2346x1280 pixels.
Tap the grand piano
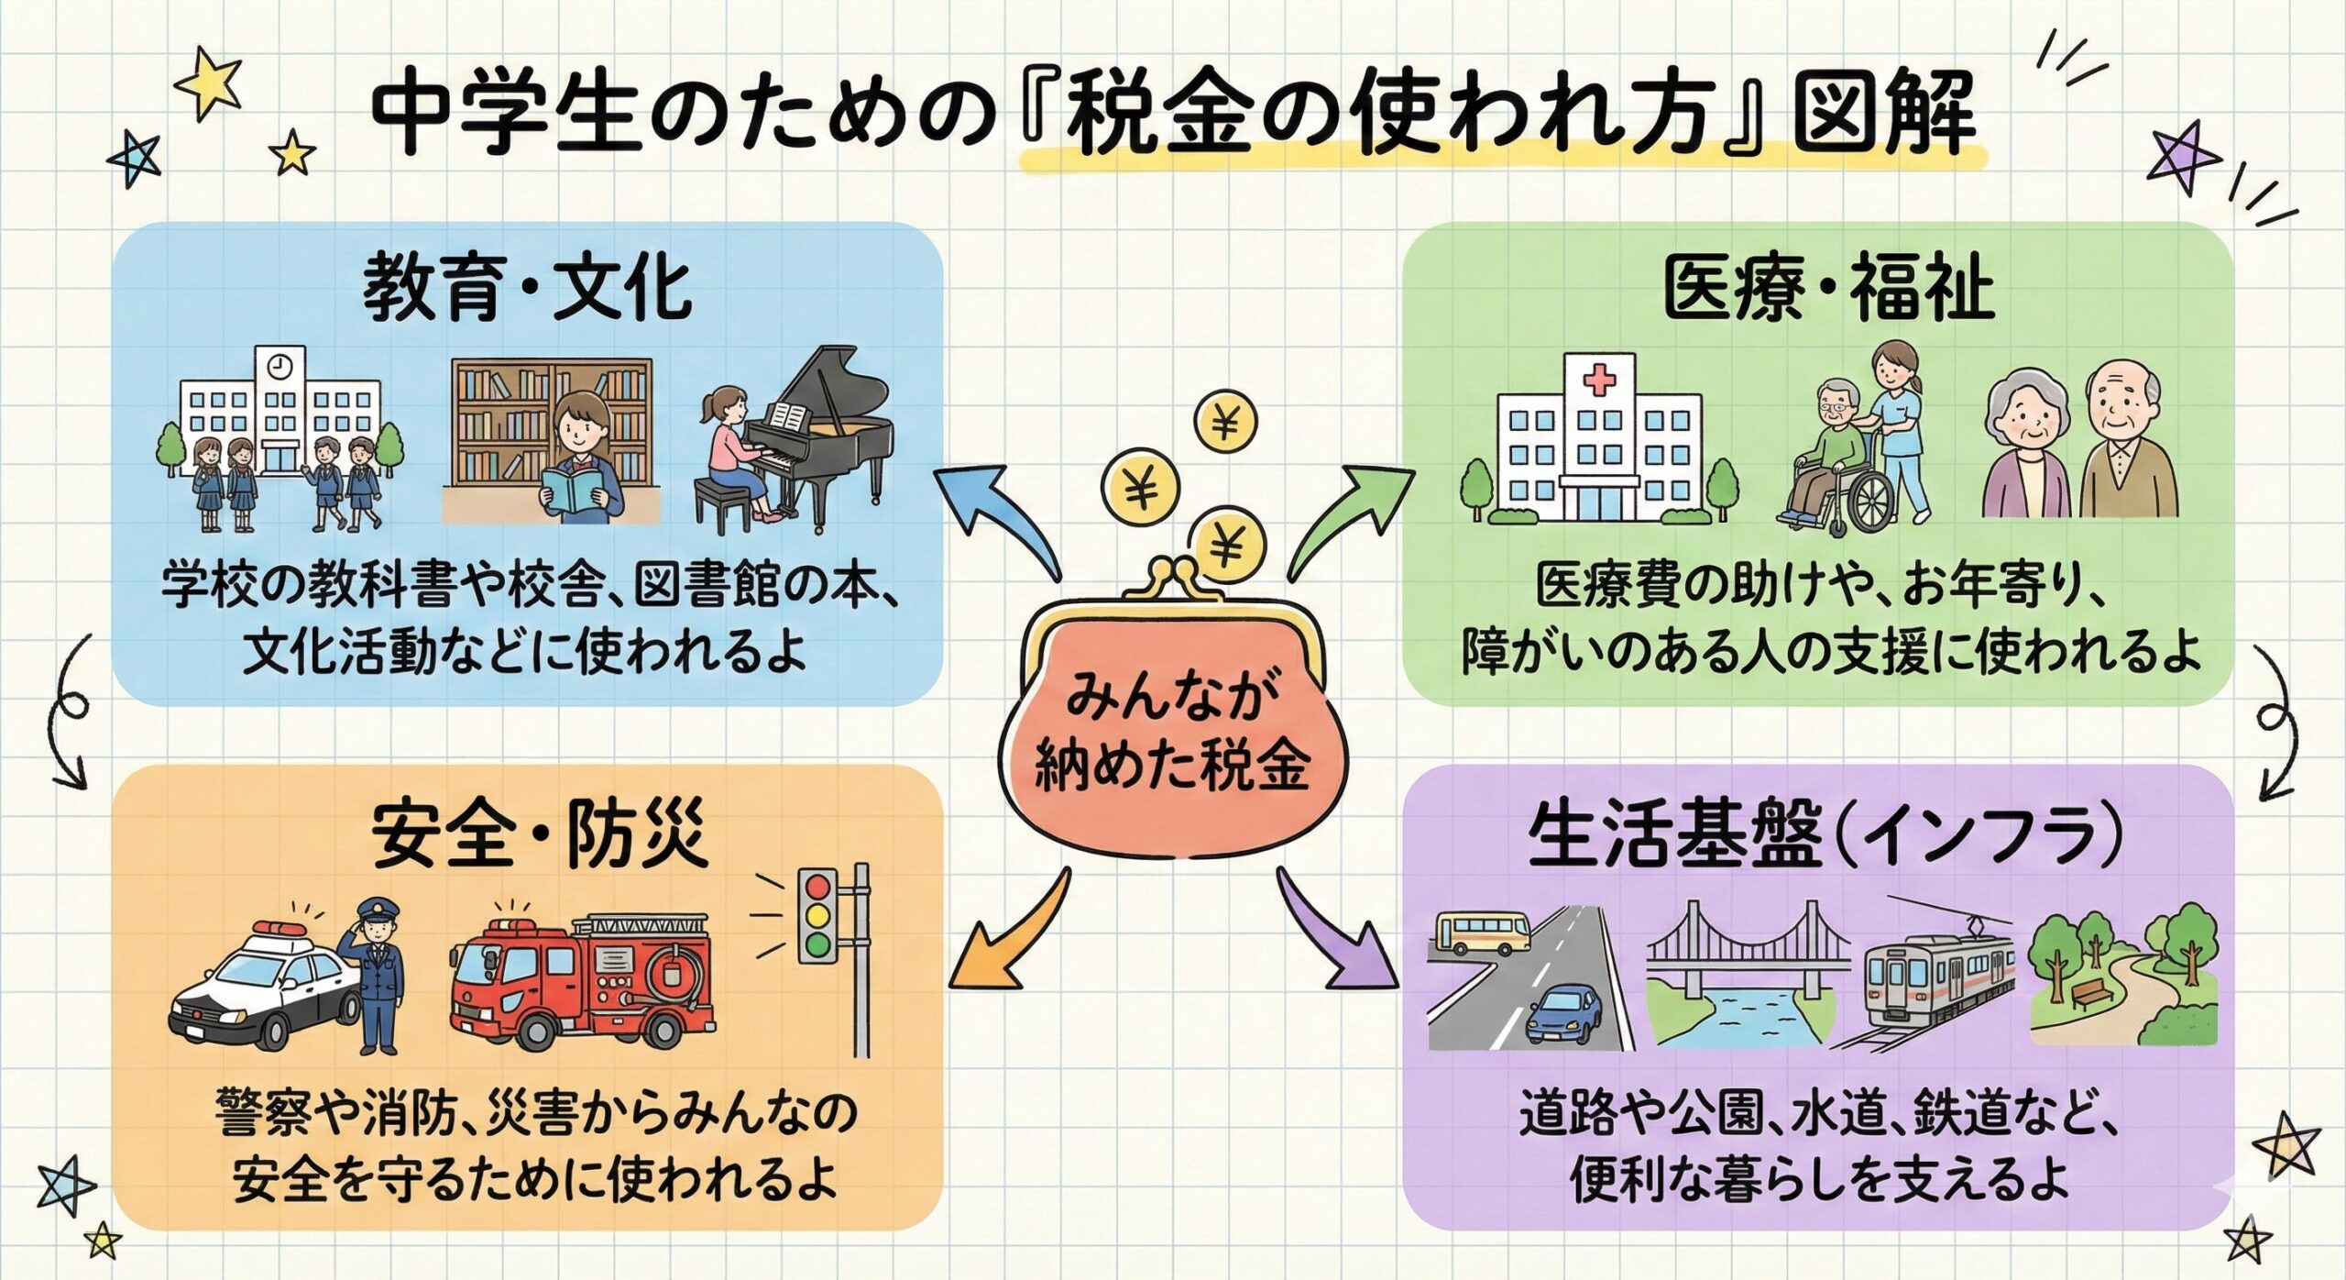[x=816, y=431]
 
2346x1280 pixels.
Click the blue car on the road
[x=1564, y=1012]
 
